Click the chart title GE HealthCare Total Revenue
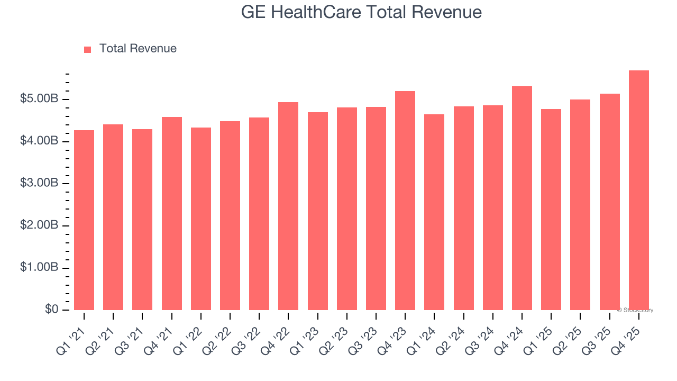(x=361, y=12)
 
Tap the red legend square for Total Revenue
(x=88, y=49)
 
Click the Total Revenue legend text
(x=138, y=49)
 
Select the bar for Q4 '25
(x=638, y=190)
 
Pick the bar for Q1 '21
(x=84, y=220)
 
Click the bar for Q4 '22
(x=288, y=206)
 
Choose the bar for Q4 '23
(x=405, y=201)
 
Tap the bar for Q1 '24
(x=434, y=212)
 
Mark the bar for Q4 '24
(x=522, y=198)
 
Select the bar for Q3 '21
(x=142, y=220)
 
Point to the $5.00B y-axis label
(x=39, y=99)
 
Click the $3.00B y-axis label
(x=39, y=183)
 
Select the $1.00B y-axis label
(x=39, y=267)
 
